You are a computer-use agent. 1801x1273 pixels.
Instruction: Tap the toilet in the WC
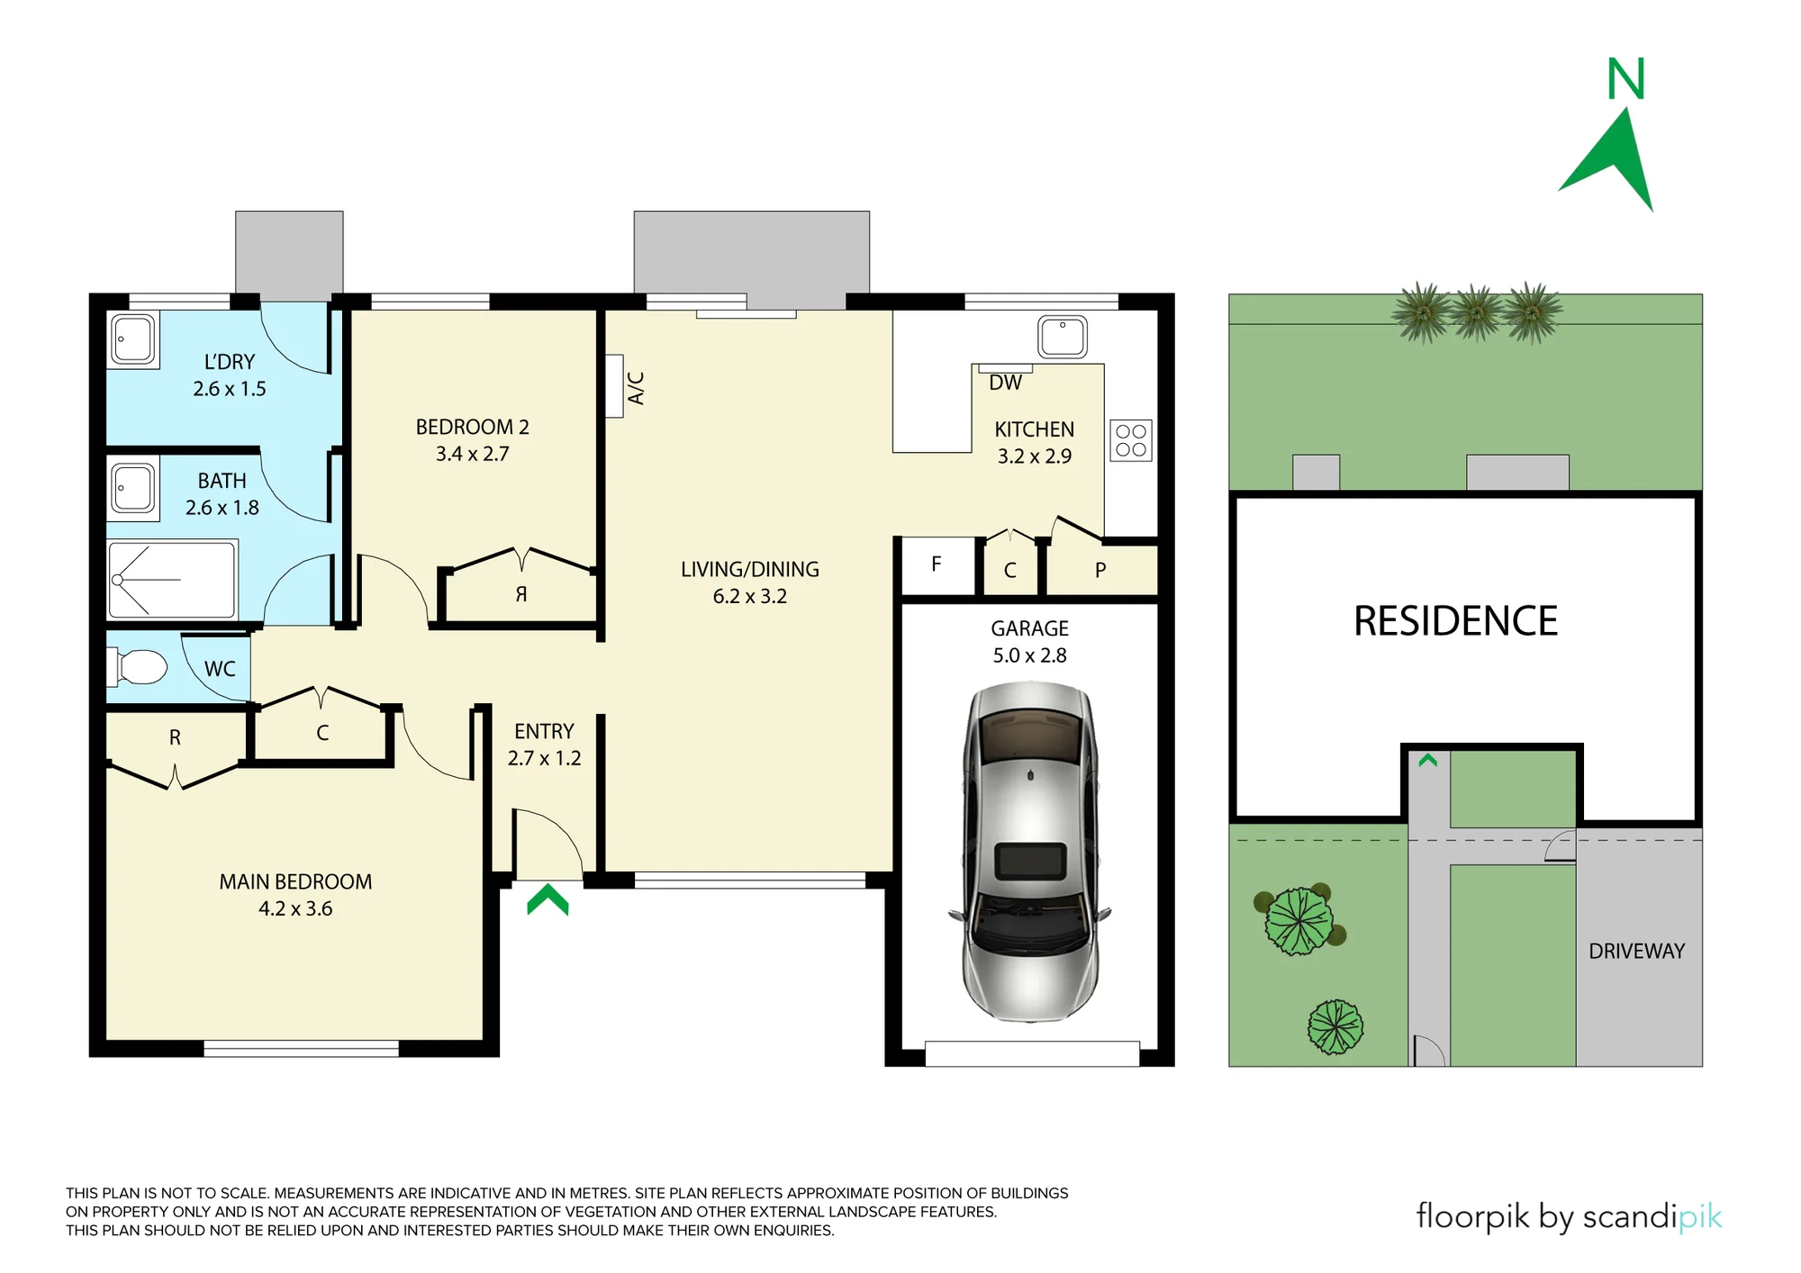tap(137, 668)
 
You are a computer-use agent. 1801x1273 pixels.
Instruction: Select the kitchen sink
tap(1063, 338)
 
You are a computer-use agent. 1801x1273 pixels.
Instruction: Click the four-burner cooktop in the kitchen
tap(1131, 441)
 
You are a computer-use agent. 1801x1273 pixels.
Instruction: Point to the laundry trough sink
tap(133, 339)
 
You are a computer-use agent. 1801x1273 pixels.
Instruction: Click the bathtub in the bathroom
tap(172, 580)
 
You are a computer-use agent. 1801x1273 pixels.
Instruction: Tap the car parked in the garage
tap(1029, 851)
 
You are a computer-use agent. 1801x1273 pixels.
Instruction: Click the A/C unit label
tap(636, 388)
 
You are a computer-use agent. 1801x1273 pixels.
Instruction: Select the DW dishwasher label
tap(1005, 383)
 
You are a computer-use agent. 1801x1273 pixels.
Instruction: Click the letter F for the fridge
tap(937, 564)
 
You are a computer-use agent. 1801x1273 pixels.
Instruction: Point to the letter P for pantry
tap(1100, 570)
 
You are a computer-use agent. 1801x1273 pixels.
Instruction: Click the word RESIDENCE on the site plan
tap(1455, 621)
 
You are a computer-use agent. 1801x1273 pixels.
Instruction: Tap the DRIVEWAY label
tap(1636, 952)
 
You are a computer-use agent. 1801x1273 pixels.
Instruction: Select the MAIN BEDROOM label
tap(295, 882)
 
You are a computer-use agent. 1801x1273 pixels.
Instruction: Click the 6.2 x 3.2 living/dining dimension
tap(750, 597)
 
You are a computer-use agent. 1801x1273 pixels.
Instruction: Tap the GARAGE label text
tap(1029, 628)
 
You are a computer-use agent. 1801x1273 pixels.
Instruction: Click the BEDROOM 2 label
tap(472, 427)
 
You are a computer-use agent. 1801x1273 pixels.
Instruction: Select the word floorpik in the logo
tap(1472, 1216)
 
